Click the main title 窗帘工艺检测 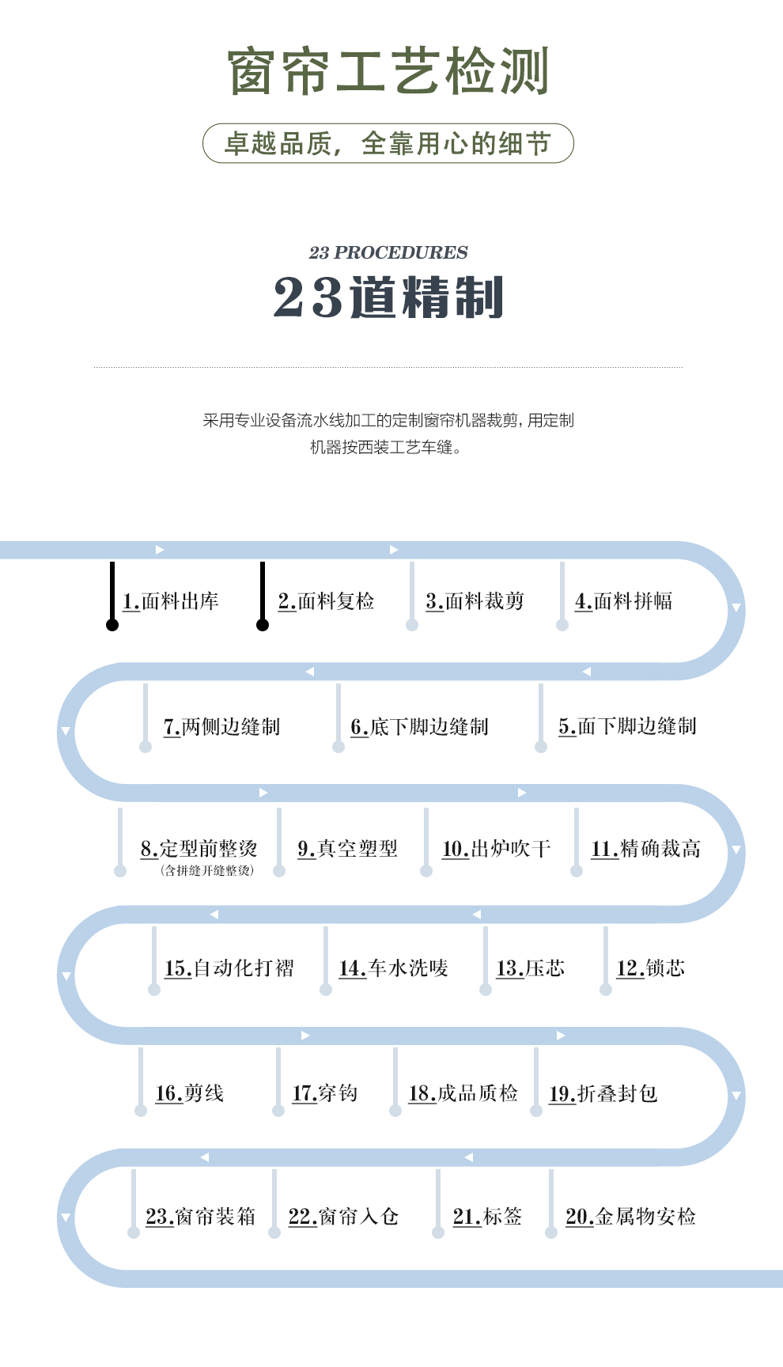[388, 71]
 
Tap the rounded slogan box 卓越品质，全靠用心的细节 [388, 143]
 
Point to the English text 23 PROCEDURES [388, 252]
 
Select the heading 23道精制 [388, 297]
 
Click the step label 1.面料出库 [171, 601]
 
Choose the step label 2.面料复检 [326, 601]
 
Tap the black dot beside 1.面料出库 [112, 625]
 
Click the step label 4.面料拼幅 [623, 601]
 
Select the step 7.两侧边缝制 [221, 727]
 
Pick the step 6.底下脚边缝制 [419, 727]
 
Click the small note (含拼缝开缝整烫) [207, 871]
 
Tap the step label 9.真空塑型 [347, 849]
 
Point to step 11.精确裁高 [645, 849]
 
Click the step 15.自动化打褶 [229, 968]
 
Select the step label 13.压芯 [530, 968]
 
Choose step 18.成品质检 [463, 1093]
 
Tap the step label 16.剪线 [190, 1093]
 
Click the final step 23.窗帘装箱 [201, 1216]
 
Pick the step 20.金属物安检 [630, 1216]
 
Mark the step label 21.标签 [487, 1216]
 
